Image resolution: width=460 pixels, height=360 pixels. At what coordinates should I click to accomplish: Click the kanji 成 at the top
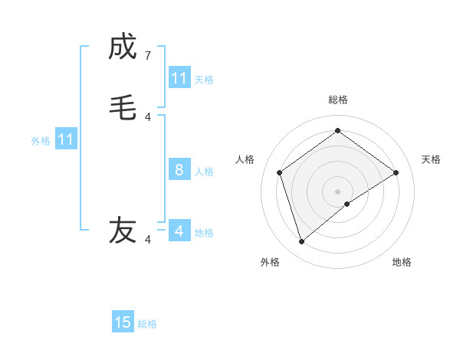123,47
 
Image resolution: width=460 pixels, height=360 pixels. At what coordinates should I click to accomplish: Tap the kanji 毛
123,106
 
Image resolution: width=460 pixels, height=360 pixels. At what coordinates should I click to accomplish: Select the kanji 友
123,230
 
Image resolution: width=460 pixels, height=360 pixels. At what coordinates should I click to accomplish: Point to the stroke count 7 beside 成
148,56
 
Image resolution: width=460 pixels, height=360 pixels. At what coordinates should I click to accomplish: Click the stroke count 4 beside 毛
148,116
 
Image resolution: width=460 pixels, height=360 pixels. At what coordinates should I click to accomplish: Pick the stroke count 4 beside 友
148,240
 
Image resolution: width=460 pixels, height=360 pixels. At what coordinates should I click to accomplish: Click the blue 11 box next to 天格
179,78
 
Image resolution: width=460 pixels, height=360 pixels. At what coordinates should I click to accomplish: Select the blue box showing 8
179,170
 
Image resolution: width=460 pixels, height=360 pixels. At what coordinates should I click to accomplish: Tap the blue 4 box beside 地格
179,231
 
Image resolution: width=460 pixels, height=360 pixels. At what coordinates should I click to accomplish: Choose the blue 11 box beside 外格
66,139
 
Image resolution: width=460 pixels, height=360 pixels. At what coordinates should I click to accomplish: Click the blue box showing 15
123,322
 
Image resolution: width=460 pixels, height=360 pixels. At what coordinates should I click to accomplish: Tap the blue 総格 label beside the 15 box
147,324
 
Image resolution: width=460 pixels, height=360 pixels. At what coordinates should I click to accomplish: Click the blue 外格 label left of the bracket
41,141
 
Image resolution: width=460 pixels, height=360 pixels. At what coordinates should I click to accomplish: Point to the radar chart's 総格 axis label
338,100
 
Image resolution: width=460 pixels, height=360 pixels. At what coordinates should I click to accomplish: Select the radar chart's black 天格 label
432,159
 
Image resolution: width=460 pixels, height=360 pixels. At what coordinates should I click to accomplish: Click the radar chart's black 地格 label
402,262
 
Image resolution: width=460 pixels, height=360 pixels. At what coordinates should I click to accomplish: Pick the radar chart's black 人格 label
245,159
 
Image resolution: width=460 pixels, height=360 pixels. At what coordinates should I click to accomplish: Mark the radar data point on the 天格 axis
396,172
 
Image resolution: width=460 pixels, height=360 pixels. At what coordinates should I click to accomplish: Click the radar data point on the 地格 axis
347,204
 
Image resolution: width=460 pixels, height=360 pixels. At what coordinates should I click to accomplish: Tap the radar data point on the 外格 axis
302,241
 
